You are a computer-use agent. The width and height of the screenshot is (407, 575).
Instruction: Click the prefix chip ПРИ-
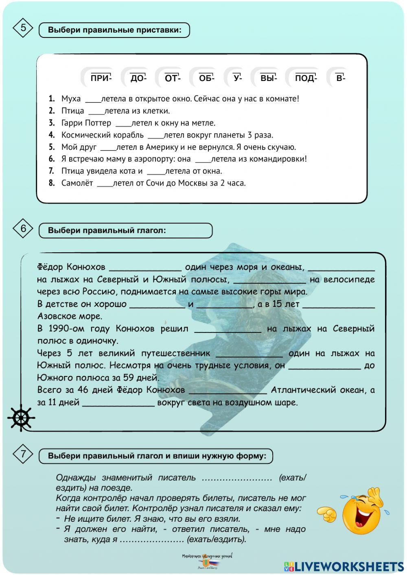click(x=101, y=78)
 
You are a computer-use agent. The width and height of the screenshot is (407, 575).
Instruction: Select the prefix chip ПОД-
click(x=306, y=78)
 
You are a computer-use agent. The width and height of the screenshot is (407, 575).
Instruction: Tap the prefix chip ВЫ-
click(x=268, y=78)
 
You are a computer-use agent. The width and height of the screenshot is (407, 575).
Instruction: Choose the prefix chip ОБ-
click(x=206, y=78)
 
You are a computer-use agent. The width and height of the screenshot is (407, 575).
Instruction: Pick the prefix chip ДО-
click(x=138, y=78)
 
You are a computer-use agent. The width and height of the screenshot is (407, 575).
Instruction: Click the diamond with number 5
click(x=23, y=28)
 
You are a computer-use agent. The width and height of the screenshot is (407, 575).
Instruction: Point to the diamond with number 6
click(x=23, y=229)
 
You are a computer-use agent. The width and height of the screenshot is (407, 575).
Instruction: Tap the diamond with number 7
click(x=23, y=454)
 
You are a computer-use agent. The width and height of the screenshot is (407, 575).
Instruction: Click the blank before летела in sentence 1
click(x=93, y=99)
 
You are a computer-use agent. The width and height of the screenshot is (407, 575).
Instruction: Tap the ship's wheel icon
click(x=21, y=418)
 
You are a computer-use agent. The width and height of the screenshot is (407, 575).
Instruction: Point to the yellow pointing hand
click(x=327, y=514)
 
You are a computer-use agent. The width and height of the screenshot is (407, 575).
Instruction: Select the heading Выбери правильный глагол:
click(x=107, y=230)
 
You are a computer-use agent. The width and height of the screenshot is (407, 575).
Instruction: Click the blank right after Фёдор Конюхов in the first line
click(x=145, y=268)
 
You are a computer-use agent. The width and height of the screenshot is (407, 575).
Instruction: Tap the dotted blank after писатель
click(x=237, y=478)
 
